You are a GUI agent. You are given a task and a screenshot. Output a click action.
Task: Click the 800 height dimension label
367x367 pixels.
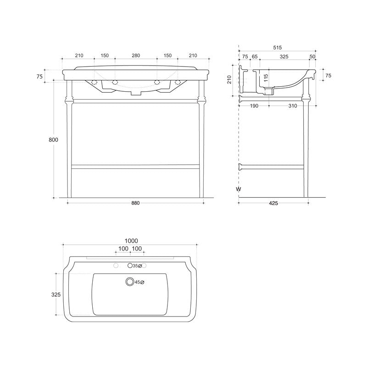pyautogui.click(x=54, y=140)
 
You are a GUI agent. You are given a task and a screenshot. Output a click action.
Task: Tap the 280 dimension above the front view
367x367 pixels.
pyautogui.click(x=136, y=56)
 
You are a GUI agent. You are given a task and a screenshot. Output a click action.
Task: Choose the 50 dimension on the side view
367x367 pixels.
pyautogui.click(x=312, y=56)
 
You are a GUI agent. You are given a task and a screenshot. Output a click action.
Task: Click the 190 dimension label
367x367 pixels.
pyautogui.click(x=254, y=106)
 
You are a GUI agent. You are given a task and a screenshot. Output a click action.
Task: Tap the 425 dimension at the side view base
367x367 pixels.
pyautogui.click(x=273, y=203)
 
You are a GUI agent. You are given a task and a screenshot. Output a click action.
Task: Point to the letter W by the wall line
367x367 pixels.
pyautogui.click(x=238, y=189)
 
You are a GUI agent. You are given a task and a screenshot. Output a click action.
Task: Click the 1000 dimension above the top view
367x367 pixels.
pyautogui.click(x=131, y=241)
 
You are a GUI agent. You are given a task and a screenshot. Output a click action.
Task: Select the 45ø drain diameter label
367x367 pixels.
pyautogui.click(x=140, y=282)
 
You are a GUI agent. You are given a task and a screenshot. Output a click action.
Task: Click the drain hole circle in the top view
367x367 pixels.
pyautogui.click(x=130, y=282)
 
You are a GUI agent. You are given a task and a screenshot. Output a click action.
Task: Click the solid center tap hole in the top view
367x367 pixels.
pyautogui.click(x=130, y=266)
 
